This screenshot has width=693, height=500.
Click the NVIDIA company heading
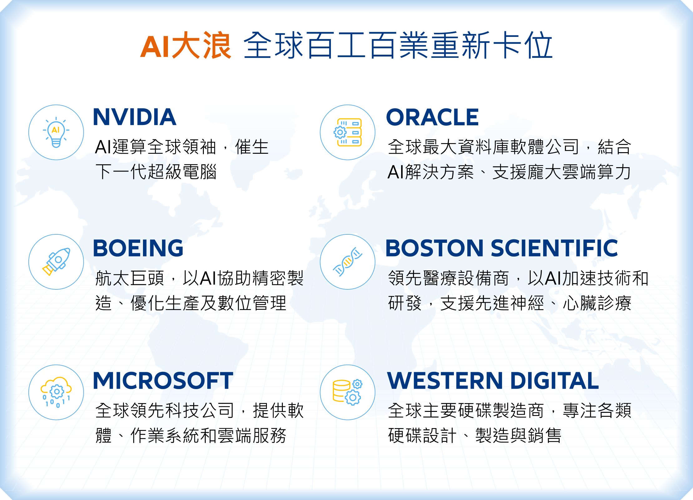coord(135,117)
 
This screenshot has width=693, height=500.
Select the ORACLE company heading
coord(432,117)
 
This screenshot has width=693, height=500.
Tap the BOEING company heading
coord(138,248)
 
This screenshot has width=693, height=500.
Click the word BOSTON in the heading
coord(435,248)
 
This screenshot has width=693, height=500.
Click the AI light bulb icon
coord(56,132)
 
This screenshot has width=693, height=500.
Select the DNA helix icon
coord(347,262)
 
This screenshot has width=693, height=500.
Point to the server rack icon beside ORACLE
coord(347,132)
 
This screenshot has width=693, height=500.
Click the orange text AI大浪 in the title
coord(186,45)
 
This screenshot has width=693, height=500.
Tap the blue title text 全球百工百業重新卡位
coord(398,45)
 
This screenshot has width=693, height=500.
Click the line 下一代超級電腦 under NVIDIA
coord(156,172)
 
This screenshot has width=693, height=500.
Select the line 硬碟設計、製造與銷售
coord(474,435)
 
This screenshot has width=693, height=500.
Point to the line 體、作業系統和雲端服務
coord(191,435)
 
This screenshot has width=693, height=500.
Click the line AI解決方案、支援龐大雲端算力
coord(509,172)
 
